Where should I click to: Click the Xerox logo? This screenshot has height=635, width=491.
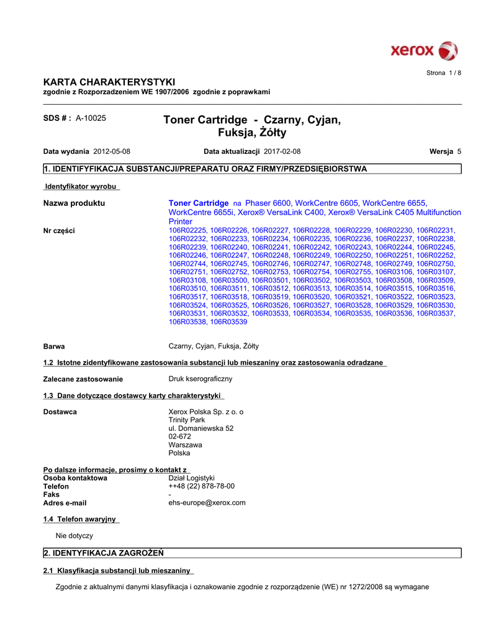click(424, 51)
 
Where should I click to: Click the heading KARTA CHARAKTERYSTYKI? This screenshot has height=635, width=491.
click(109, 82)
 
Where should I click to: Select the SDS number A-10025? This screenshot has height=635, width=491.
click(91, 118)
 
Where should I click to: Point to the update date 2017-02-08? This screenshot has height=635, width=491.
click(282, 151)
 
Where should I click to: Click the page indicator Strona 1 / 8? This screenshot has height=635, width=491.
click(443, 73)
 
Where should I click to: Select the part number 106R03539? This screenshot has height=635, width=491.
click(229, 322)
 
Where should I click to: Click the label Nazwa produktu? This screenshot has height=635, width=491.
click(74, 203)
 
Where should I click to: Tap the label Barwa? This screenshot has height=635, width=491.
click(54, 347)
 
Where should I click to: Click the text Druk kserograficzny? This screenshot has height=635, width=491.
click(200, 379)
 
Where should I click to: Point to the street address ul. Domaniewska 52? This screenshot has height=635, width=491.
click(201, 429)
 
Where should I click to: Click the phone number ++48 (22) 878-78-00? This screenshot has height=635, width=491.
click(202, 486)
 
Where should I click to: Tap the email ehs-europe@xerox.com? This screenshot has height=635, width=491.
click(207, 503)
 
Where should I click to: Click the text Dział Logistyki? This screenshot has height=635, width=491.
click(192, 478)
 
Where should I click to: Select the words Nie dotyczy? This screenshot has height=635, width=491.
click(74, 535)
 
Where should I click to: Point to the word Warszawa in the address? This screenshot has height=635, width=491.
click(185, 445)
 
